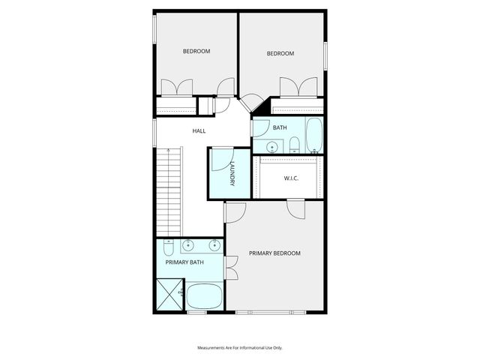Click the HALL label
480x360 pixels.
tap(199, 130)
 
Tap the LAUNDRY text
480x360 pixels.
tap(233, 174)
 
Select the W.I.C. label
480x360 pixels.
tap(292, 178)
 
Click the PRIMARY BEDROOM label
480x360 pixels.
tap(274, 253)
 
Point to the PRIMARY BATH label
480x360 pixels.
tap(184, 262)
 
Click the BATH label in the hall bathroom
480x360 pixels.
tap(279, 127)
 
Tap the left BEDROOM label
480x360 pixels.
tap(196, 51)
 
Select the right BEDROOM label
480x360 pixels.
tap(280, 53)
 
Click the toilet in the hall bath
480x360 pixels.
tap(294, 145)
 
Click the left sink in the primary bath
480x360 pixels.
tap(188, 244)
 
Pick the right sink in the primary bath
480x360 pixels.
tap(214, 244)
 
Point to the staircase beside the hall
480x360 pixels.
tap(170, 191)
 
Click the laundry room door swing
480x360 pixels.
tap(219, 161)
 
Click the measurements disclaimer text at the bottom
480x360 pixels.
tap(240, 348)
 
